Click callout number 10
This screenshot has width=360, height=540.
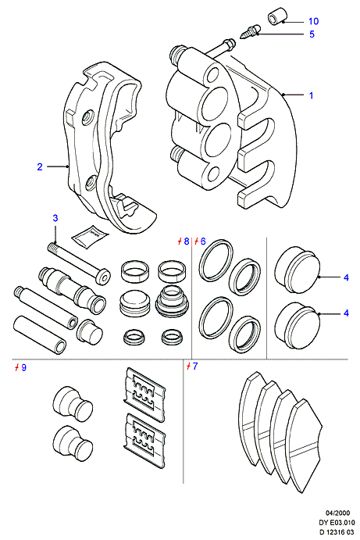313,21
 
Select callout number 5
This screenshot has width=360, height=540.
312,34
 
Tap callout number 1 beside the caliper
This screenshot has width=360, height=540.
311,95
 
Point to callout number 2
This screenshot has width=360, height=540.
40,167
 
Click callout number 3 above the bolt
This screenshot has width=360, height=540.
55,218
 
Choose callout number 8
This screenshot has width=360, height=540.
186,241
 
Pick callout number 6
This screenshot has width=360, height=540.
203,241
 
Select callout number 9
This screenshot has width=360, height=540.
23,367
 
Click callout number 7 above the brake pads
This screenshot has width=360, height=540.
195,366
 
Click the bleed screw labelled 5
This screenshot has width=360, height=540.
250,32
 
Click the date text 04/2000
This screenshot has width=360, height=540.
337,513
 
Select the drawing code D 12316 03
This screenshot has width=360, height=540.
337,532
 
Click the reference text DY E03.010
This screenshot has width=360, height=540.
337,523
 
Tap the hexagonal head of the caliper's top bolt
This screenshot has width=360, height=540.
228,45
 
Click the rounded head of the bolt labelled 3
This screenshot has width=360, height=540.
103,277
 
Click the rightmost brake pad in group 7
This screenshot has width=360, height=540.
304,446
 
